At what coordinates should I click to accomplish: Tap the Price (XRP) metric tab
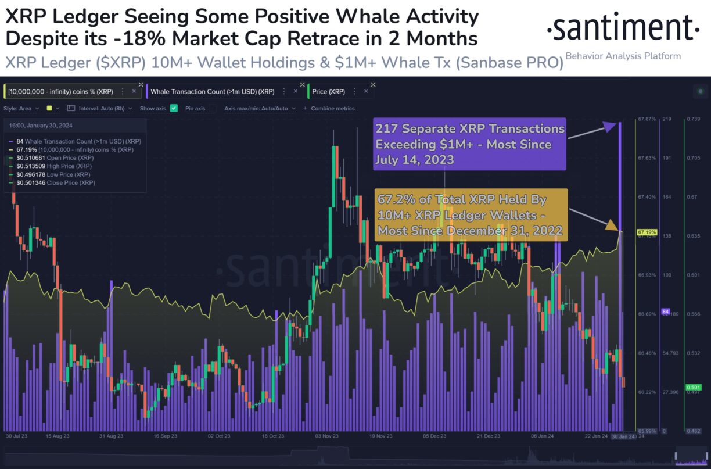(x=328, y=91)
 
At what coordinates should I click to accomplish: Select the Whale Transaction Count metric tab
(x=212, y=91)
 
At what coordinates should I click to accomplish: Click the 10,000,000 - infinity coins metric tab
(x=61, y=91)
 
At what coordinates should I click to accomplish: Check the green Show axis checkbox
(x=174, y=108)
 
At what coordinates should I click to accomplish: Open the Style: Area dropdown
(x=21, y=108)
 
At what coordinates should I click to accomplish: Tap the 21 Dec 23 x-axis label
(x=488, y=435)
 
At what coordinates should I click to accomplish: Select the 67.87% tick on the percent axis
(x=647, y=119)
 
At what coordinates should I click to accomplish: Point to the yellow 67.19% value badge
(x=647, y=232)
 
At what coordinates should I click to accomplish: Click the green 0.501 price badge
(x=692, y=387)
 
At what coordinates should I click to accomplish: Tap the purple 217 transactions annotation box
(x=469, y=144)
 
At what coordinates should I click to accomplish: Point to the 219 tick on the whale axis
(x=666, y=119)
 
